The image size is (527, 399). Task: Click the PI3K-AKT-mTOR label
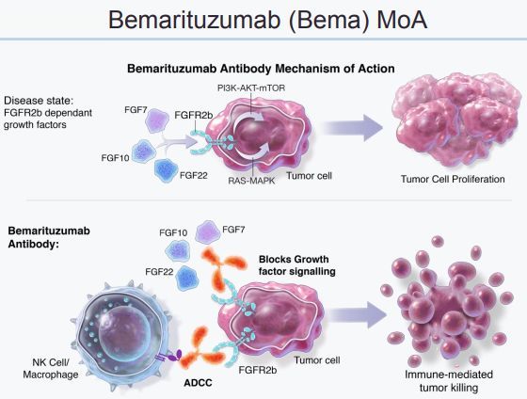(251, 88)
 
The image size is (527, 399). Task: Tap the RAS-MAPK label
(251, 181)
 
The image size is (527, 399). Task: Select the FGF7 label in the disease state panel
(136, 110)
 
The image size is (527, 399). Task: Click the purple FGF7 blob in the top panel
(157, 120)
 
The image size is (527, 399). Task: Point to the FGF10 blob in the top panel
(143, 152)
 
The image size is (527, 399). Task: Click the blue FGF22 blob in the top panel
(166, 170)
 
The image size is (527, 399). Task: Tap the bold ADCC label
(198, 382)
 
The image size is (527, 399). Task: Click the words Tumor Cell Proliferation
(453, 179)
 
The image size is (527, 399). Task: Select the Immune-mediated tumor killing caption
(449, 381)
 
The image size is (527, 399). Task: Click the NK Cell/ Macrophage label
(51, 368)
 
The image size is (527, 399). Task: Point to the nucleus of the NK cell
(124, 332)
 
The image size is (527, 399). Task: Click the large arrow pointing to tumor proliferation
(352, 128)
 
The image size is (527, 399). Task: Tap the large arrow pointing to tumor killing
(358, 314)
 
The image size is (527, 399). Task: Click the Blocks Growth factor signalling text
(297, 265)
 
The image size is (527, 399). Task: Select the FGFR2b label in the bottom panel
(258, 370)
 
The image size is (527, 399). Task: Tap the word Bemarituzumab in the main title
(194, 20)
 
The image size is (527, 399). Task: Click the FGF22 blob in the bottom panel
(187, 279)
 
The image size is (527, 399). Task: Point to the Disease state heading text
(39, 101)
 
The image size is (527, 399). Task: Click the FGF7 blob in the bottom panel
(208, 231)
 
